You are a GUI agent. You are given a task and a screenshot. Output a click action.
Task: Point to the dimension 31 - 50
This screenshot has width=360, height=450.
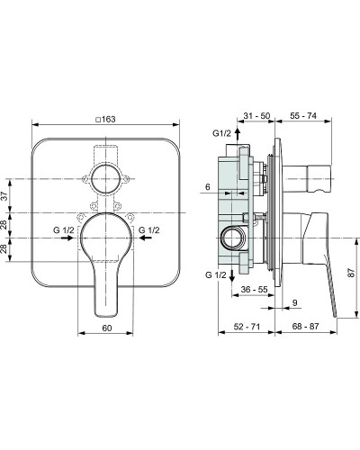point(257,115)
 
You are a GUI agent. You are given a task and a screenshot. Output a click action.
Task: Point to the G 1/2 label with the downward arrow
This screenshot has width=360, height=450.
point(216,274)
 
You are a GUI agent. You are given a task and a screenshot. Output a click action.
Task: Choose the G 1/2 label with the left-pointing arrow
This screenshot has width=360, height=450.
point(147,231)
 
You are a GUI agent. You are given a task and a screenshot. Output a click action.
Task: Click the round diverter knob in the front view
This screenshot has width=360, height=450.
point(106,175)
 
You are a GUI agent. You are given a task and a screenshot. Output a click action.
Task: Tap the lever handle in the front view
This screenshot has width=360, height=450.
point(106,270)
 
